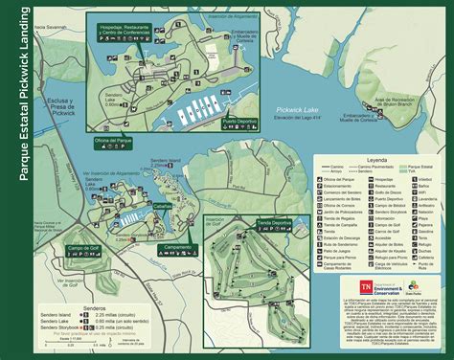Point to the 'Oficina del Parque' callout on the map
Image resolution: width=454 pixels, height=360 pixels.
tap(113, 142)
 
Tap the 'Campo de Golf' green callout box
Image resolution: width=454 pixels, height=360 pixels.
tap(83, 249)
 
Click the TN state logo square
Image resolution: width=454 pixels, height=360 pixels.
tap(365, 286)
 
